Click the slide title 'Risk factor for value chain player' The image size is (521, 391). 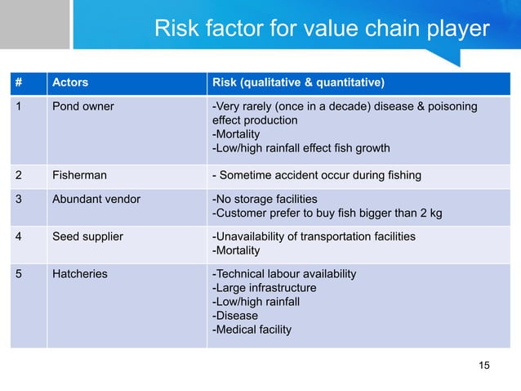pos(322,30)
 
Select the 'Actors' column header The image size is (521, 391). pos(70,83)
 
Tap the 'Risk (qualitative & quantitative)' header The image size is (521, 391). pos(299,83)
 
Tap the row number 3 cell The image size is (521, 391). pos(18,199)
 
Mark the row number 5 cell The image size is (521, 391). pos(18,274)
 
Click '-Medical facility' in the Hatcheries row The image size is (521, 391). pos(252,330)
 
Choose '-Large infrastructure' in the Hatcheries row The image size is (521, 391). pos(264,288)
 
